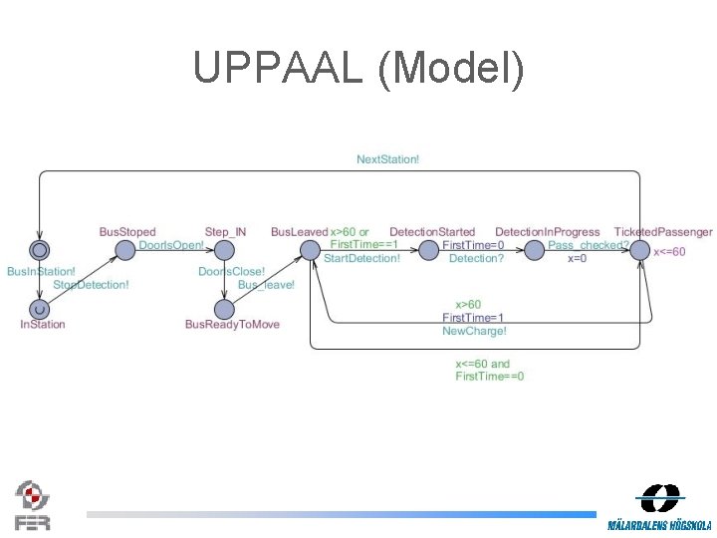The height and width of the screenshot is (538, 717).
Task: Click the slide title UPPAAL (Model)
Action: pos(358,68)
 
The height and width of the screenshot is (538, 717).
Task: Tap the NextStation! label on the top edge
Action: pos(387,159)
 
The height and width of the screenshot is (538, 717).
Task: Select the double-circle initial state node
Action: pos(39,249)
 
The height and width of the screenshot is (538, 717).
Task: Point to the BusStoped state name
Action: pos(127,232)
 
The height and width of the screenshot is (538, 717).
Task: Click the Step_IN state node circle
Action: pos(224,249)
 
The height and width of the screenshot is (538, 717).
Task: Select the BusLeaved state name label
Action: pos(299,232)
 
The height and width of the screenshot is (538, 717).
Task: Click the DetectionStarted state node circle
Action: pos(428,249)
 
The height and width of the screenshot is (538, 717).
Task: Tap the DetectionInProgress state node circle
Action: pos(534,249)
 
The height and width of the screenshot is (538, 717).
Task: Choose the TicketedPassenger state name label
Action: pos(663,232)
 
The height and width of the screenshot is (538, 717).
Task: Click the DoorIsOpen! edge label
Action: pos(171,245)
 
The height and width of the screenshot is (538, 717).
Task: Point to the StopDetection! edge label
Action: pos(91,285)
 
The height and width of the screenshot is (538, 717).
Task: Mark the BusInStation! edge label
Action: pos(41,271)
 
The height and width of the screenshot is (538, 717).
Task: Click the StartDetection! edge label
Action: pos(361,258)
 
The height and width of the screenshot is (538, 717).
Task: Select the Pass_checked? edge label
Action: pos(589,245)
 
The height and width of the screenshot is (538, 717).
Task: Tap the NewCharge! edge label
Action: pos(474,331)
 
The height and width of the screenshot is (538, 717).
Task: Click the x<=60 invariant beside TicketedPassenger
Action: pos(669,252)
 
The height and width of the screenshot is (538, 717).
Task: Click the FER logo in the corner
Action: pos(32,505)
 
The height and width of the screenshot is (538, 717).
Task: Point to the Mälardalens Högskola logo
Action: pos(660,507)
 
